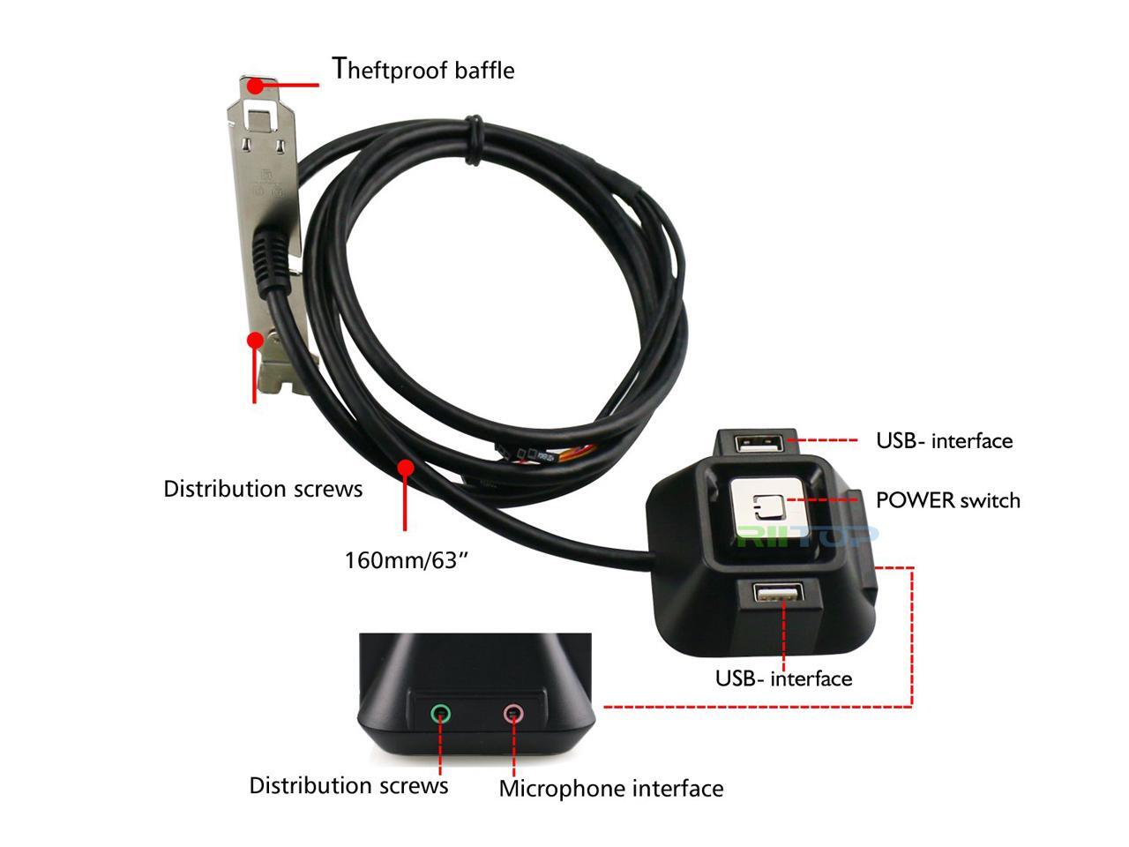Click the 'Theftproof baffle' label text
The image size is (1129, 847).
[422, 69]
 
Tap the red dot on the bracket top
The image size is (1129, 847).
[255, 86]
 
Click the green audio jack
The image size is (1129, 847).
[440, 712]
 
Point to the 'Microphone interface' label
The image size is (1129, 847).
[610, 788]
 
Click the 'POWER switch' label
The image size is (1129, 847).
[947, 500]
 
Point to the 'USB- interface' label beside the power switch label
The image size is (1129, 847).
[944, 440]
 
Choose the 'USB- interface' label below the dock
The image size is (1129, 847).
[783, 678]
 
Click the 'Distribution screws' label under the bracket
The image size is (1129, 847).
[263, 488]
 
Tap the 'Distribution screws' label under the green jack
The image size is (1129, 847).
[348, 785]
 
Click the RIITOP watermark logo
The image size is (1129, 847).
[807, 535]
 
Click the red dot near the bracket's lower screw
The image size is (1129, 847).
[255, 339]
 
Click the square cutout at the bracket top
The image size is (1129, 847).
[259, 112]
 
